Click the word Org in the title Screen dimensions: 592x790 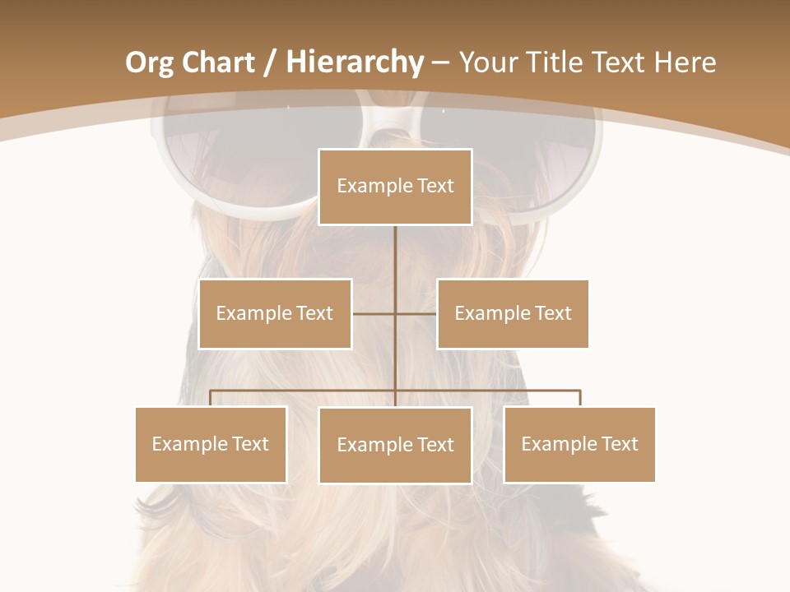[x=148, y=62]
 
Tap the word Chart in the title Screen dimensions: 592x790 [x=216, y=62]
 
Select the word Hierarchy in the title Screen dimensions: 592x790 [x=355, y=62]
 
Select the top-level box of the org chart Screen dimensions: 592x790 [x=395, y=187]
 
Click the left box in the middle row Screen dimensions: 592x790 [x=275, y=313]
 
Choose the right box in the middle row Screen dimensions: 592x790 [x=513, y=313]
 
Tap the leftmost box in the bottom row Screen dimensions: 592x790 [x=211, y=444]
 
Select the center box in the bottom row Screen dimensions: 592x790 [x=395, y=445]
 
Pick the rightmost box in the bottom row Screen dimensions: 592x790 [x=579, y=444]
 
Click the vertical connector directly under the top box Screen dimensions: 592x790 [x=395, y=255]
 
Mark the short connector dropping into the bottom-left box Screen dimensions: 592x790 [x=211, y=398]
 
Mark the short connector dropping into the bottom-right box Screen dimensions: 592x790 [x=580, y=398]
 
